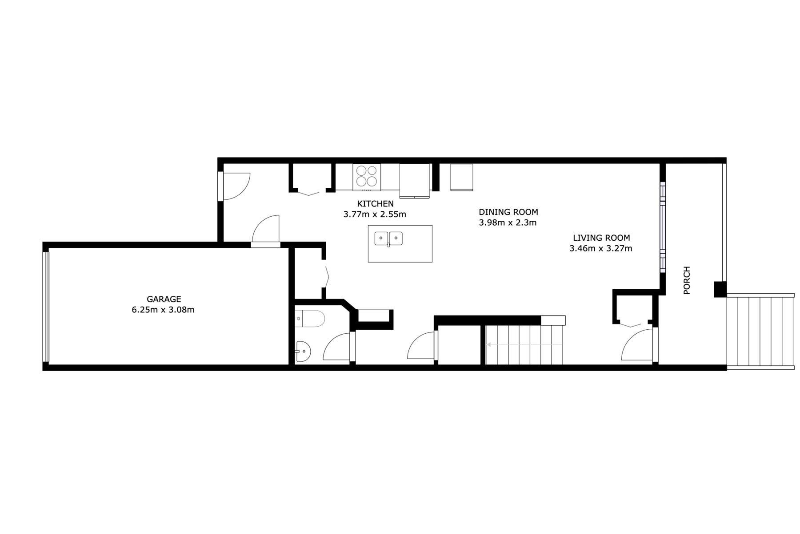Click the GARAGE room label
[x=164, y=299]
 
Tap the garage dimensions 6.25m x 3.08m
[x=163, y=310]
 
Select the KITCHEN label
[x=375, y=204]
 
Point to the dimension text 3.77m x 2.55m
[x=374, y=214]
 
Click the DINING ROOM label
[x=508, y=212]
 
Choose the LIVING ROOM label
[x=601, y=238]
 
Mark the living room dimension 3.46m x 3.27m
[x=600, y=248]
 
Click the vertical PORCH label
[x=687, y=280]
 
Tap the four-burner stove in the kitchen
[x=367, y=176]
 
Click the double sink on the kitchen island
[x=388, y=239]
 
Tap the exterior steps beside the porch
[x=760, y=332]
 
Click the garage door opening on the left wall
[x=45, y=307]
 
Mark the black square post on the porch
[x=720, y=289]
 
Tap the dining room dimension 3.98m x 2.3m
[x=508, y=222]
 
